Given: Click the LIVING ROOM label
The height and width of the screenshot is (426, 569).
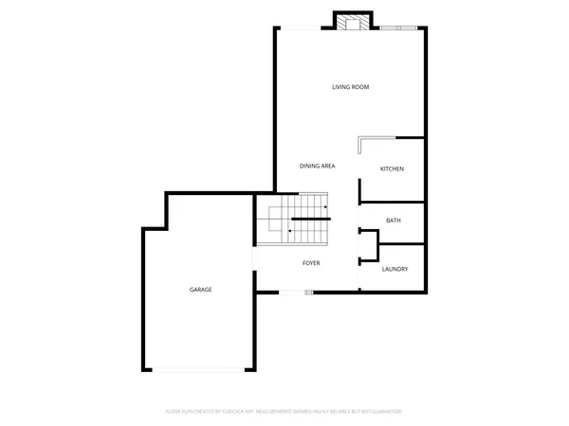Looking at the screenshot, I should [x=350, y=87].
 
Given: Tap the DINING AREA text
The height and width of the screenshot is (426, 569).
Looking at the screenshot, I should [x=317, y=166].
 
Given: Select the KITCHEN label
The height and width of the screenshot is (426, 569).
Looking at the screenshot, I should [x=392, y=169].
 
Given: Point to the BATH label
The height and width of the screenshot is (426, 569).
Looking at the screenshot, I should [x=393, y=221].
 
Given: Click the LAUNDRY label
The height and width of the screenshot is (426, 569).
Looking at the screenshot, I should [x=395, y=269].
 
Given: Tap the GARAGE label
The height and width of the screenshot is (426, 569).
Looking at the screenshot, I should [x=200, y=289].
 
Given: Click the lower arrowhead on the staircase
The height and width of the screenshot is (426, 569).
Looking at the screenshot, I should [x=288, y=230].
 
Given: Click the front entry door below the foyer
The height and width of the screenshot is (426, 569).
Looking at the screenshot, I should [x=296, y=293].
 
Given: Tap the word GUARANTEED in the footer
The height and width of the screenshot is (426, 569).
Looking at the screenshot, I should [x=385, y=412].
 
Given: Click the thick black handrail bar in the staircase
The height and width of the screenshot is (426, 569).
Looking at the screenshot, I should [x=309, y=219].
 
